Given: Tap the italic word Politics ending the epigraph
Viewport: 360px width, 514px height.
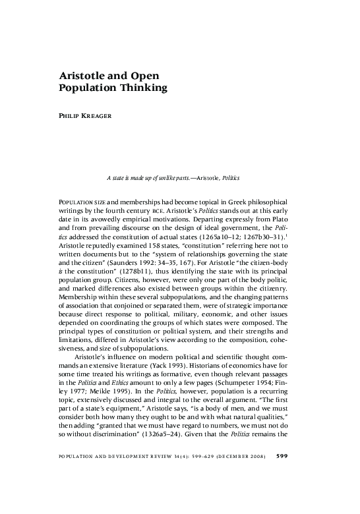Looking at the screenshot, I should click(231, 178).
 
